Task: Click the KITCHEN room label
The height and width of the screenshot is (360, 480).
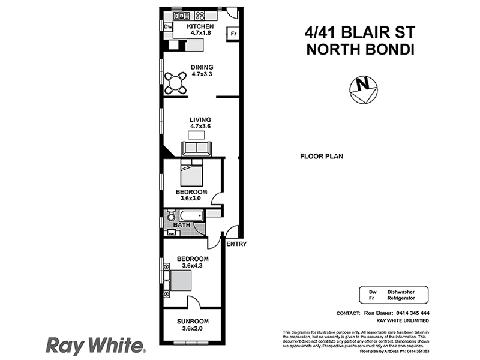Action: point(199,27)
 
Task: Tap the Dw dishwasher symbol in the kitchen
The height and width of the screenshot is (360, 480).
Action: point(168,27)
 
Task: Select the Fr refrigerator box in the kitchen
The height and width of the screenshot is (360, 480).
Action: point(232,34)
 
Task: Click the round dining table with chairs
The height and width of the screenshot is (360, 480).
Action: point(176,83)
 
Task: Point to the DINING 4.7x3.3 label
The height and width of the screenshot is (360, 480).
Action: point(202,71)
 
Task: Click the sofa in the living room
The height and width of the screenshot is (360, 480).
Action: point(196,148)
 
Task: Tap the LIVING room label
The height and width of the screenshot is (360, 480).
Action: point(200,123)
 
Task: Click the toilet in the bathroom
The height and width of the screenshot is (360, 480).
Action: point(170,215)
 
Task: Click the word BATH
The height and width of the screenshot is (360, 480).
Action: point(182,226)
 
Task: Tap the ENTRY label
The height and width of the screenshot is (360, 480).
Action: point(236,244)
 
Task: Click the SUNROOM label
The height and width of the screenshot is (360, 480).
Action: point(191,321)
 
